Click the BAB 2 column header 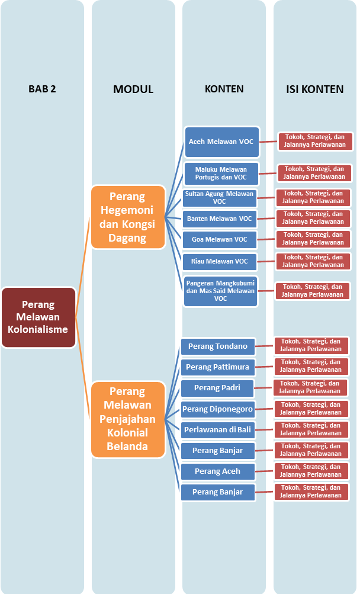tap(42, 89)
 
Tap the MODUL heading tap(133, 89)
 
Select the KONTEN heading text tap(224, 89)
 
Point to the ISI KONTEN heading tap(314, 89)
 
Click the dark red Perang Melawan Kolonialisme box tap(38, 317)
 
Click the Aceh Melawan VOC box tap(221, 142)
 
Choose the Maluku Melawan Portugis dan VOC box tap(221, 174)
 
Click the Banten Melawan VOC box tap(219, 219)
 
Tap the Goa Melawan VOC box tap(219, 240)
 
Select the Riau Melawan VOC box tap(219, 261)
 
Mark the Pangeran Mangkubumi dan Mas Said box tap(220, 291)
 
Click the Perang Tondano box tap(218, 346)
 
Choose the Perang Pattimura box tap(218, 367)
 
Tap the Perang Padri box tap(218, 388)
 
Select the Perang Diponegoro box tap(218, 409)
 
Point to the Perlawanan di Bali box tap(218, 429)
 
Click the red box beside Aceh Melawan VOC tap(315, 141)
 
